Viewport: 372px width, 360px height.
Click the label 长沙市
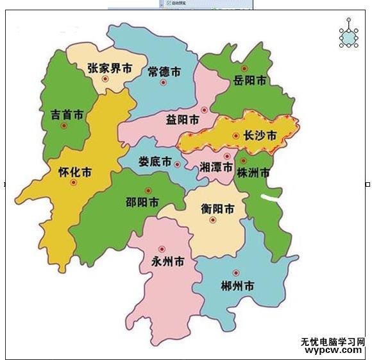tap(260, 135)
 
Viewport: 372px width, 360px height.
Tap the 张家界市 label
tap(110, 67)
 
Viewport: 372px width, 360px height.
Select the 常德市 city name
tap(163, 69)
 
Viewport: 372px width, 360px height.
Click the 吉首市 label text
tap(67, 115)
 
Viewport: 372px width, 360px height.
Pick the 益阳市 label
tap(182, 120)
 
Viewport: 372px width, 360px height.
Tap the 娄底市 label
tap(156, 162)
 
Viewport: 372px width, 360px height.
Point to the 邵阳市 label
tap(142, 203)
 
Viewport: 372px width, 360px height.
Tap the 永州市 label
tap(168, 261)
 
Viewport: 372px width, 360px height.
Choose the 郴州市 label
tap(237, 284)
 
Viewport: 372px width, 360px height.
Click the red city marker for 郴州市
tap(236, 273)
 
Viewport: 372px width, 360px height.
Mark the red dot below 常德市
tap(163, 82)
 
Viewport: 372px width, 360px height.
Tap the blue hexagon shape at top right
tap(349, 38)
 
